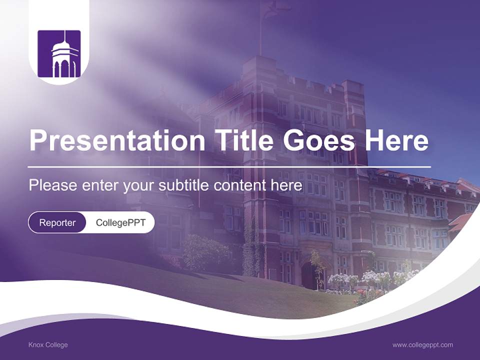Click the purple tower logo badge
click(59, 54)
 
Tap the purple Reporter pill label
click(57, 222)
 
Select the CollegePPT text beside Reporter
click(120, 222)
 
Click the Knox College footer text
click(48, 345)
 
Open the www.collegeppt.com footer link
click(422, 345)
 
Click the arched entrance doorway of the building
click(308, 275)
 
